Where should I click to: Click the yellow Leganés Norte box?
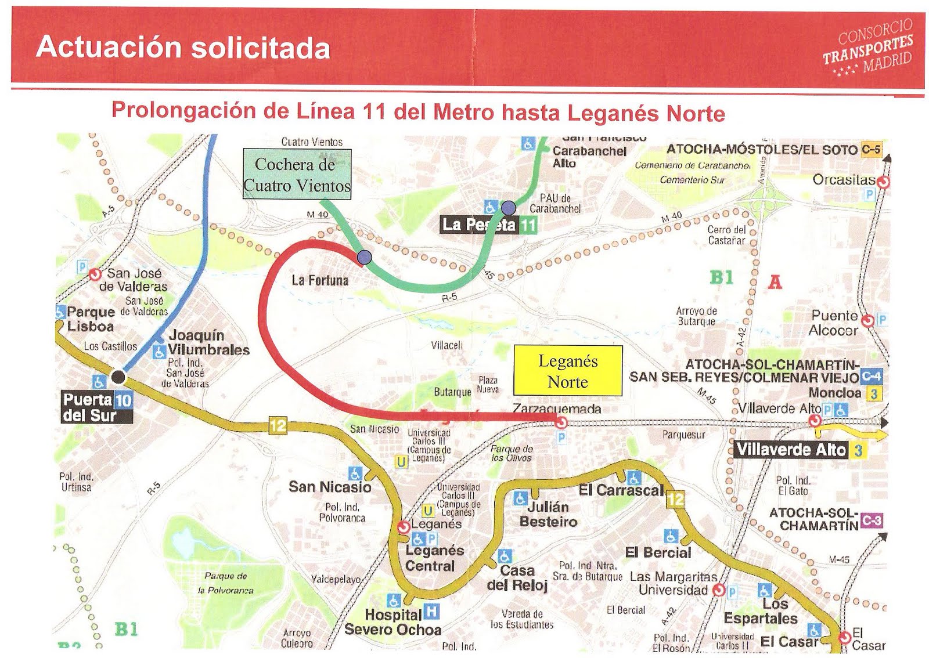568,371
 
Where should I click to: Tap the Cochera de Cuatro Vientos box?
297,175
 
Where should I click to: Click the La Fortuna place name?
320,281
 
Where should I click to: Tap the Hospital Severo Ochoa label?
393,622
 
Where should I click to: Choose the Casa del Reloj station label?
517,578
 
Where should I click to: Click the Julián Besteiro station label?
548,514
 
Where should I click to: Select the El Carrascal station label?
620,490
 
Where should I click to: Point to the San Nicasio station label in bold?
330,487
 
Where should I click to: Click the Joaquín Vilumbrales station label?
208,343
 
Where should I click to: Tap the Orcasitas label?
844,180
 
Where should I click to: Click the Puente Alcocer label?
834,323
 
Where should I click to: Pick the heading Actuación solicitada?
183,48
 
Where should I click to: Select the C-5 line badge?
870,149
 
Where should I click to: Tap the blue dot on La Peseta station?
509,207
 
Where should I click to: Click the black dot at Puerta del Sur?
118,377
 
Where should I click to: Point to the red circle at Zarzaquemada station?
561,423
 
